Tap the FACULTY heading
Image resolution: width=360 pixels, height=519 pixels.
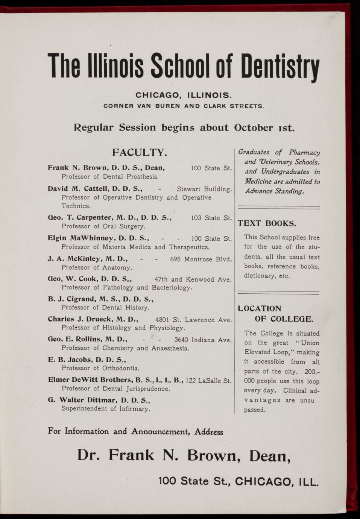[139, 153]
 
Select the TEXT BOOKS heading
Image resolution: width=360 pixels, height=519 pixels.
[267, 223]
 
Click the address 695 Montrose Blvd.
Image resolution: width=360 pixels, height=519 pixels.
[201, 259]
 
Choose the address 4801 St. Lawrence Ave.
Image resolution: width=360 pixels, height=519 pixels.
[193, 320]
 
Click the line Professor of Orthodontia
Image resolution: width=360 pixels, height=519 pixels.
[100, 368]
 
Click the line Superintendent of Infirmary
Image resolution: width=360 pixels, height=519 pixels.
[106, 409]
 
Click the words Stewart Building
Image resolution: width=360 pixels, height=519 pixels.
[204, 189]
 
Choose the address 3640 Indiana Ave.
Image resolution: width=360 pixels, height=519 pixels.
[203, 340]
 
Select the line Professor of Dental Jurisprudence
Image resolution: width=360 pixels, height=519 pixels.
[116, 388]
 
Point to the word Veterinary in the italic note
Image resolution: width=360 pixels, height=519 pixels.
[276, 162]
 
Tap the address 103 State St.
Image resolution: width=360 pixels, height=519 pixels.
[211, 218]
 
